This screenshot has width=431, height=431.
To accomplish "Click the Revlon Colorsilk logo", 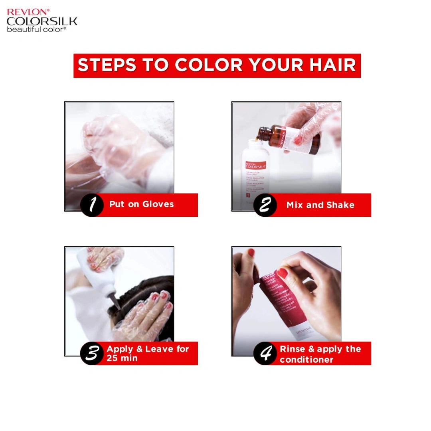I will (x=42, y=20).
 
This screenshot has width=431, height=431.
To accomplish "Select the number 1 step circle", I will (x=92, y=205).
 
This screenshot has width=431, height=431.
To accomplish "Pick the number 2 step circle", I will (x=265, y=205).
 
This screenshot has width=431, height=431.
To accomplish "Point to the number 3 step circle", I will (x=92, y=353).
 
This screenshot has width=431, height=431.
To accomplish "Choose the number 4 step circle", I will (x=265, y=353).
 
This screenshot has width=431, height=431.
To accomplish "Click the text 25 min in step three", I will (x=122, y=358).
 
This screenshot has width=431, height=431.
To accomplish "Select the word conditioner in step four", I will (x=306, y=360).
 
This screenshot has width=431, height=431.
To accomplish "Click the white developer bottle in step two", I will (x=255, y=172).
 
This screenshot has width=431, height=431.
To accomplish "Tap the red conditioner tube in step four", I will (x=283, y=299).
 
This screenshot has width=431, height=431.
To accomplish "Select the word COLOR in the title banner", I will (x=208, y=65).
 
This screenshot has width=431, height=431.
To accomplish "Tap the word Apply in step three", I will (x=119, y=349).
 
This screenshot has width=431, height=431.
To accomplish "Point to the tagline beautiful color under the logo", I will (x=36, y=29).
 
